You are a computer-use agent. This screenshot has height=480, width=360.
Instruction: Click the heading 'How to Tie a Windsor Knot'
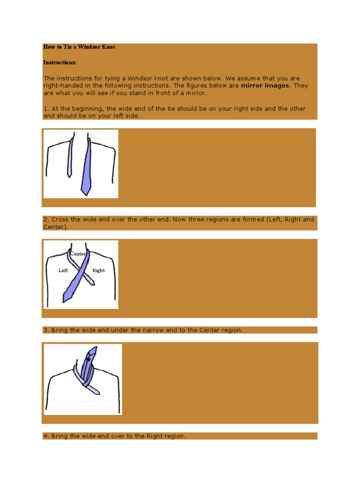[79, 47]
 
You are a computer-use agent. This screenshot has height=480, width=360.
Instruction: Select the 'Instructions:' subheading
[60, 62]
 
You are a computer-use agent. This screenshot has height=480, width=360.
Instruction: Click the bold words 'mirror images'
[265, 86]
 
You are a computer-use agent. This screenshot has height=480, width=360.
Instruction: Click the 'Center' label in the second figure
[78, 254]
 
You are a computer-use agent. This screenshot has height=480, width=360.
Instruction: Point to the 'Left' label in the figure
[63, 270]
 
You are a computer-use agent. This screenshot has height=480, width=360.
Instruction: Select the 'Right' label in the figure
[98, 270]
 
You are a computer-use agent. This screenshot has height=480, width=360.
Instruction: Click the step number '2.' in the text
[46, 219]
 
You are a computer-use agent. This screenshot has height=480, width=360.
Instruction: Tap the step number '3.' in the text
[46, 330]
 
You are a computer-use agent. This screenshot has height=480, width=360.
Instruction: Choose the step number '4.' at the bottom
[46, 436]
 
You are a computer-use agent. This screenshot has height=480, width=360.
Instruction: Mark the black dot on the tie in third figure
[88, 360]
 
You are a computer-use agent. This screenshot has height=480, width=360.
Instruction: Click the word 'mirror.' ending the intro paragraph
[196, 93]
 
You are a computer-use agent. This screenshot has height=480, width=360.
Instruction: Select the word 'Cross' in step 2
[60, 219]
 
